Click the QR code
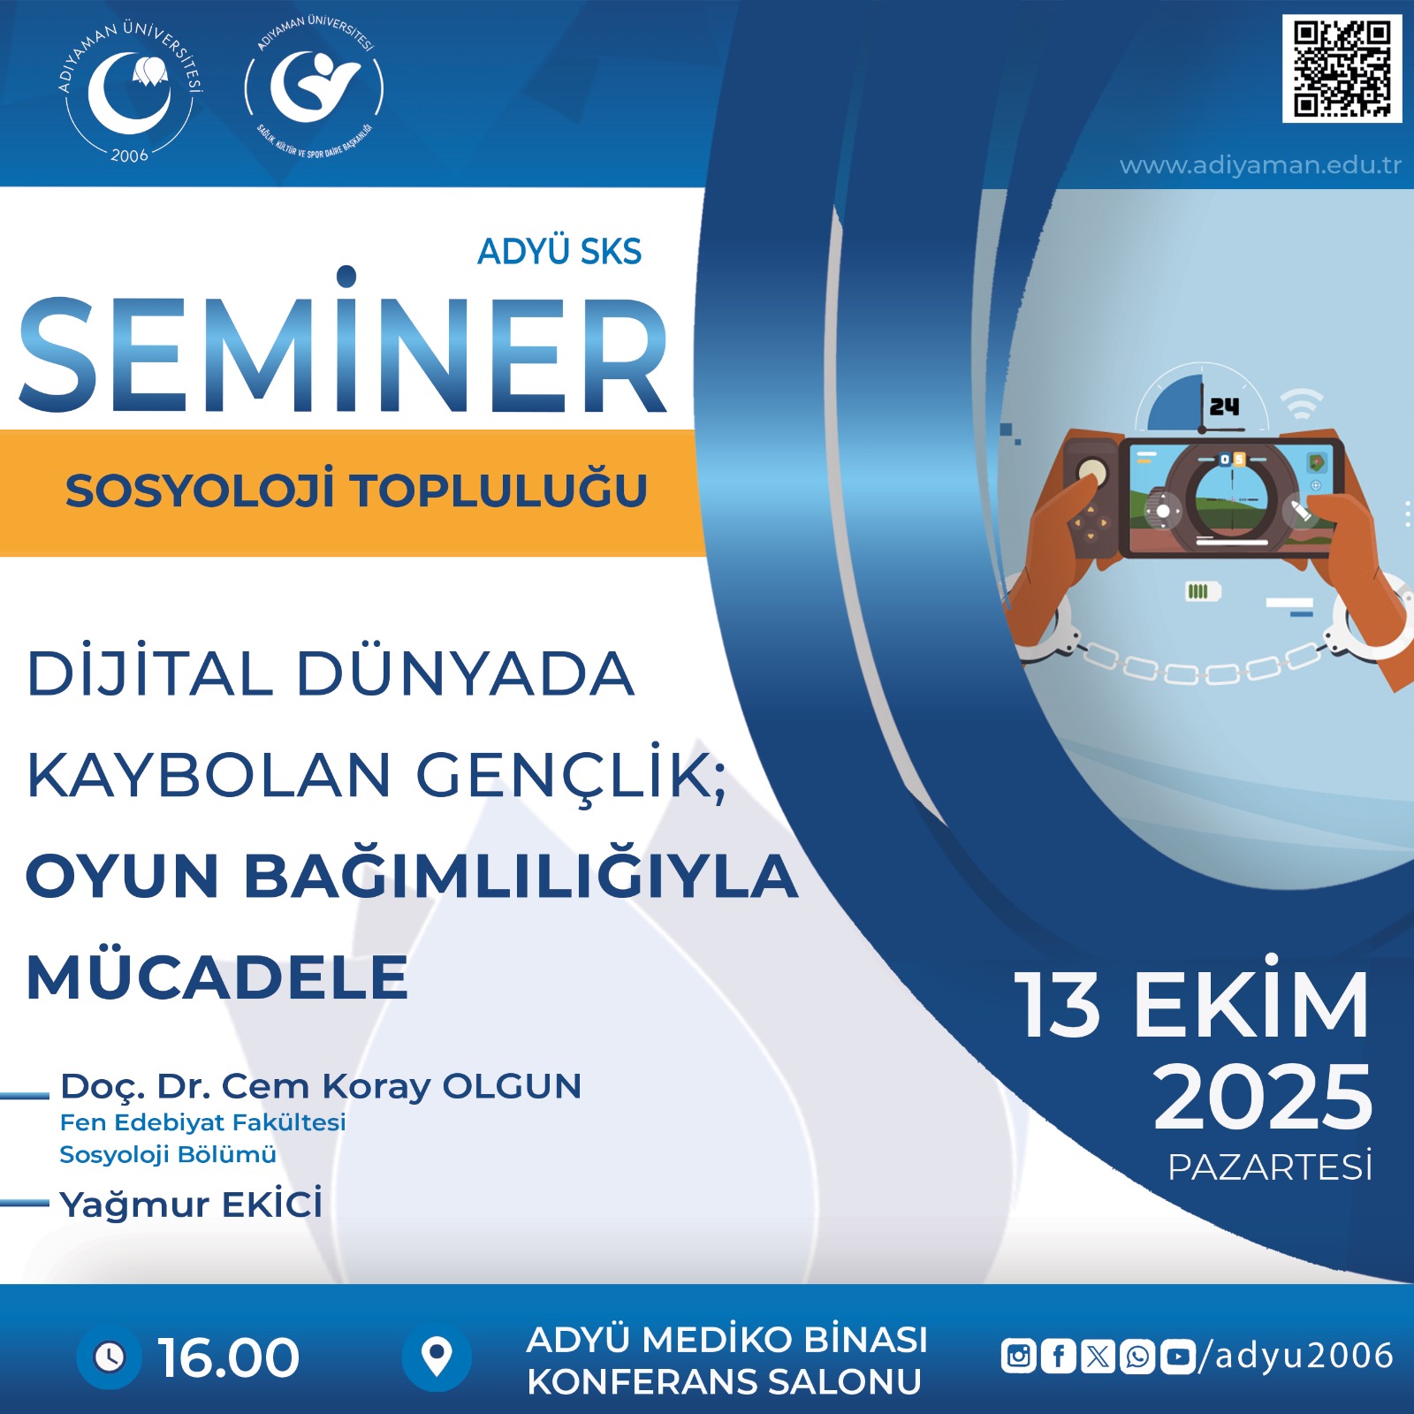pos(1342,68)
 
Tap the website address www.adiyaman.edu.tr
pos(1260,165)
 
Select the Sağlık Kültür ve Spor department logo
pos(315,91)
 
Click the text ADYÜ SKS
pos(559,252)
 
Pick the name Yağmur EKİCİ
pos(191,1204)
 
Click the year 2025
pos(1263,1097)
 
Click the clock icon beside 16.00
pos(110,1357)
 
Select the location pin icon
pos(437,1357)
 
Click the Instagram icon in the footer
pos(1018,1356)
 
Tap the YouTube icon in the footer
pos(1178,1356)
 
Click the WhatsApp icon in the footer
pos(1138,1356)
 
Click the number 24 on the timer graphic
pos(1224,407)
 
